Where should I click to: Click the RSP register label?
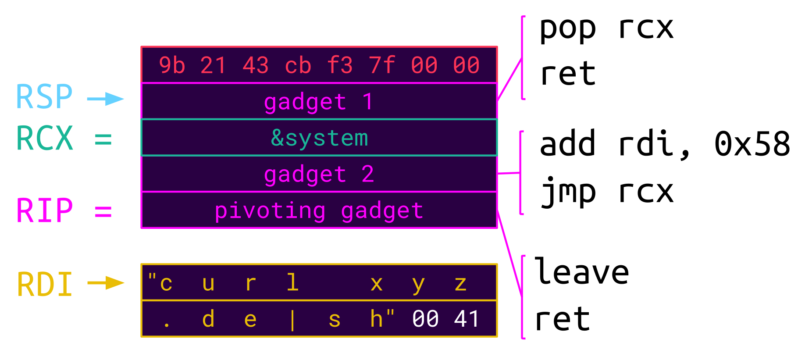coord(44,97)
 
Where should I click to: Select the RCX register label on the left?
coord(44,139)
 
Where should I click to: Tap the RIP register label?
coord(44,211)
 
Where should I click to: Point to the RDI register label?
coord(44,285)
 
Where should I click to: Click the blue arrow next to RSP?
coord(105,99)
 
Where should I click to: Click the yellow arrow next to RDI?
coord(106,283)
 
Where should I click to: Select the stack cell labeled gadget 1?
coord(319,101)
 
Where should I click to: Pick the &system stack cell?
coord(319,138)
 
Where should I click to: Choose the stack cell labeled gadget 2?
coord(319,174)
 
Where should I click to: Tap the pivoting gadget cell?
coord(319,210)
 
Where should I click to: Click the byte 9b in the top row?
coord(172,65)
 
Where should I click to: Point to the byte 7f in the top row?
coord(382,65)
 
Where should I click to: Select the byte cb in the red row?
coord(298,65)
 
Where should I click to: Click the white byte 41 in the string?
coord(466,319)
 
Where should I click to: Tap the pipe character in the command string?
coord(292,320)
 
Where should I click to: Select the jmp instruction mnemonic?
coord(568,192)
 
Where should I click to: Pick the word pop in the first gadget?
coord(568,29)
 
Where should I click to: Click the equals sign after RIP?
coord(103,212)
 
